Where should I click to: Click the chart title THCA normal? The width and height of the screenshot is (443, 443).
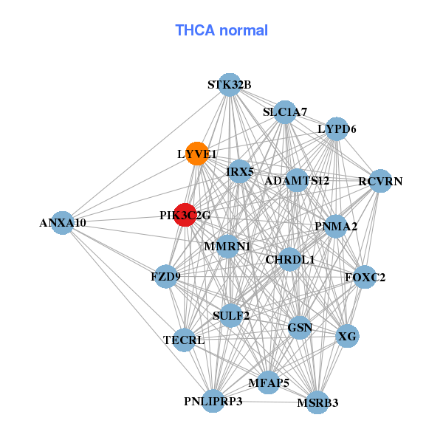tap(221, 30)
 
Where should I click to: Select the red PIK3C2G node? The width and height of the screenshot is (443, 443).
tap(185, 215)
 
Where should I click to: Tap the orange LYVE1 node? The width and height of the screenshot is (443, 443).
tap(196, 154)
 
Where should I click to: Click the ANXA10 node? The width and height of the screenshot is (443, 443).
tap(63, 222)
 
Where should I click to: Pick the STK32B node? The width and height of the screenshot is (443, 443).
tap(230, 85)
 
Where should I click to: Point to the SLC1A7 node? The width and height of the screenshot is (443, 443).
tap(285, 112)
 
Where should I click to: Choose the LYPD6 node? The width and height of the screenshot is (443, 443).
tap(337, 129)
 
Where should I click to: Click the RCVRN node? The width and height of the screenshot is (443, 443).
tap(380, 181)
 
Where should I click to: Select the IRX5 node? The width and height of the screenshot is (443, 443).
tap(240, 172)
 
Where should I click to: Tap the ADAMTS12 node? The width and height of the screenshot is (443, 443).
tap(296, 180)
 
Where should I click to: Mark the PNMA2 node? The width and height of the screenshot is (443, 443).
tap(335, 226)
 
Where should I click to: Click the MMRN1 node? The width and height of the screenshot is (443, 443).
tap(227, 245)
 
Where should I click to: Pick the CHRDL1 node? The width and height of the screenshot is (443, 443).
tap(289, 259)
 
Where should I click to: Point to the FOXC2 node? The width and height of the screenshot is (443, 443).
tap(365, 278)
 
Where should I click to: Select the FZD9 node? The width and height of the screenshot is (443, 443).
tap(165, 276)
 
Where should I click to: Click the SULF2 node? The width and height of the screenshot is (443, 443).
tap(231, 315)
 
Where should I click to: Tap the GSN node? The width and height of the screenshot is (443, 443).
tap(299, 327)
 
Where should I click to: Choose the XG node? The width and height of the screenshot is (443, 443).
tap(347, 336)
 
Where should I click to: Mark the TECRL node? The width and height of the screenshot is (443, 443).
tap(184, 340)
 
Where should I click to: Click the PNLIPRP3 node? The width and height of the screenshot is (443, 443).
tap(213, 401)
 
